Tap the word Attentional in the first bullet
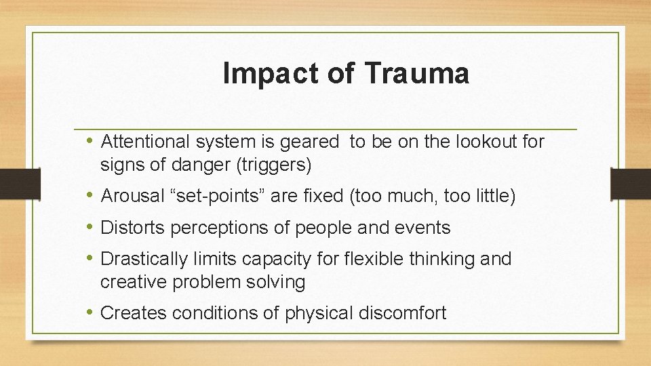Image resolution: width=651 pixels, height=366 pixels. (145, 142)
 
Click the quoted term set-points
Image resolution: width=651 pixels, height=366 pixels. (222, 197)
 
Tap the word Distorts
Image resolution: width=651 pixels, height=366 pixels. (132, 228)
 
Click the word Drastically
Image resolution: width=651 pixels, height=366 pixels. (143, 259)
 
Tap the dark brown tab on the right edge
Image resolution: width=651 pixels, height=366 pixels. (630, 184)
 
